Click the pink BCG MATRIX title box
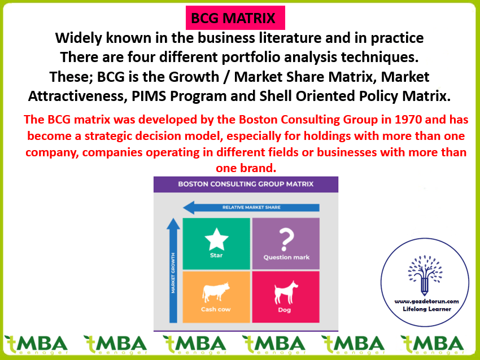pos(235,17)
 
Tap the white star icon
pos(216,239)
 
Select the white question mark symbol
pos(286,240)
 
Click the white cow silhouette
pos(216,292)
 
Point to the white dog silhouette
pos(286,293)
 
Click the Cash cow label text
pos(216,309)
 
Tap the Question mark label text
pos(286,257)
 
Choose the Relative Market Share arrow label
pos(251,208)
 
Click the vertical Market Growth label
pos(173,273)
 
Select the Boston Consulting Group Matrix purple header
pos(246,184)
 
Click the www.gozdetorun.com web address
pos(427,301)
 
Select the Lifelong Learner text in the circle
pos(427,309)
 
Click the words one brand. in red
pos(246,168)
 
